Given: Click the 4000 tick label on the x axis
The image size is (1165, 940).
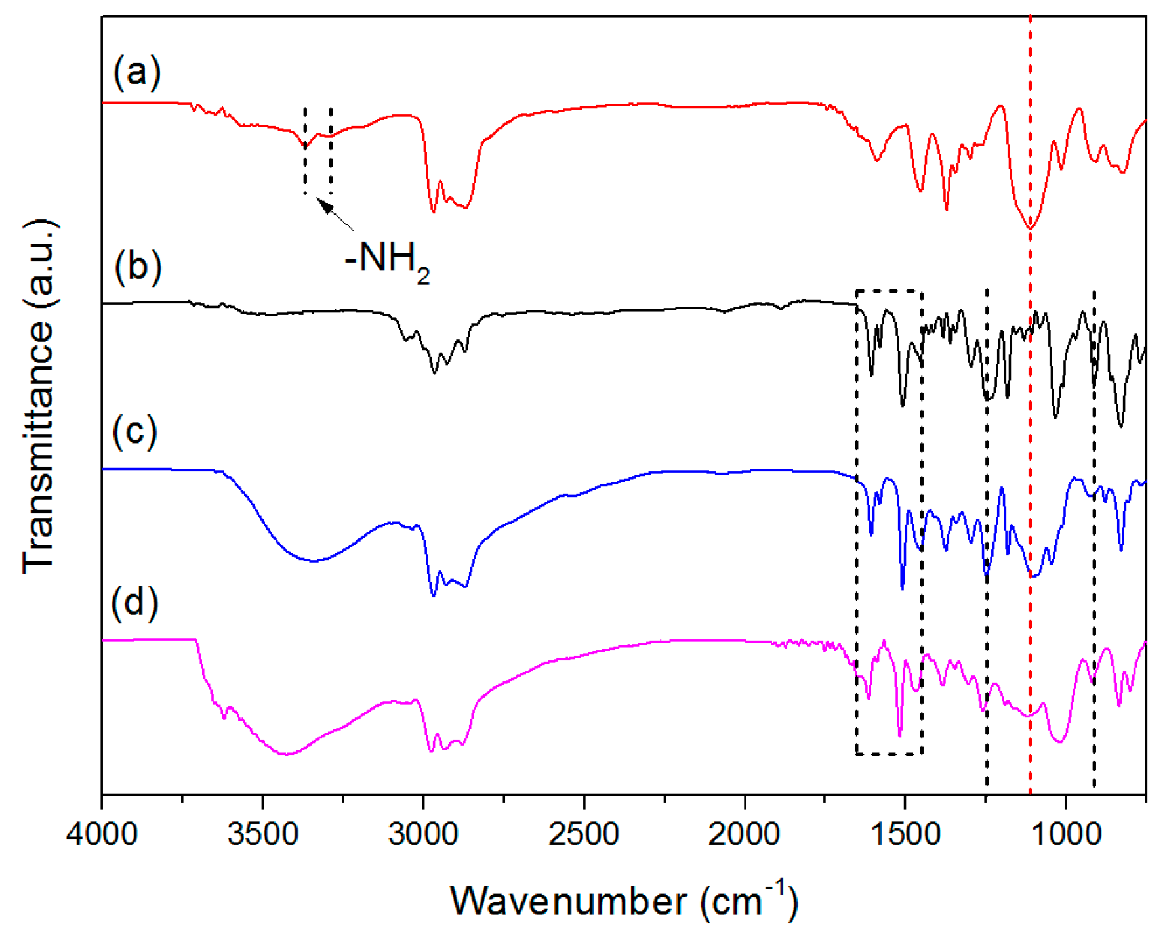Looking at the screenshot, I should (x=102, y=834).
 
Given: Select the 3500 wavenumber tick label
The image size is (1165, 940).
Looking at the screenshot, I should (x=262, y=834).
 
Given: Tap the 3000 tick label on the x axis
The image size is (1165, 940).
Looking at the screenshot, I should (x=423, y=834).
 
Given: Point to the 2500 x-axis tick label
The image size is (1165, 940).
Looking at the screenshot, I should (x=584, y=834).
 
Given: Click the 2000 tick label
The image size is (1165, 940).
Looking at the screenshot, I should (x=745, y=834).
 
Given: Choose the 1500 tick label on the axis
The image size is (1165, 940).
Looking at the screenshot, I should (x=905, y=834).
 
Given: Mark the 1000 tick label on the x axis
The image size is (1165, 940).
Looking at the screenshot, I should (x=1065, y=834).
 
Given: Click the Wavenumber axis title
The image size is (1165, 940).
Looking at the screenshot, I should (x=623, y=901).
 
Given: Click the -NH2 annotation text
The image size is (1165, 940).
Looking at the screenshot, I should (x=387, y=259).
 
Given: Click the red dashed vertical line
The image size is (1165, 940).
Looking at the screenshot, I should (x=1030, y=459).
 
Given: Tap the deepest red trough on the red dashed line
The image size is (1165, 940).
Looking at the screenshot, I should (x=1030, y=228).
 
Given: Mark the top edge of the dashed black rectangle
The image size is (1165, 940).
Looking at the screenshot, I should (x=889, y=291).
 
